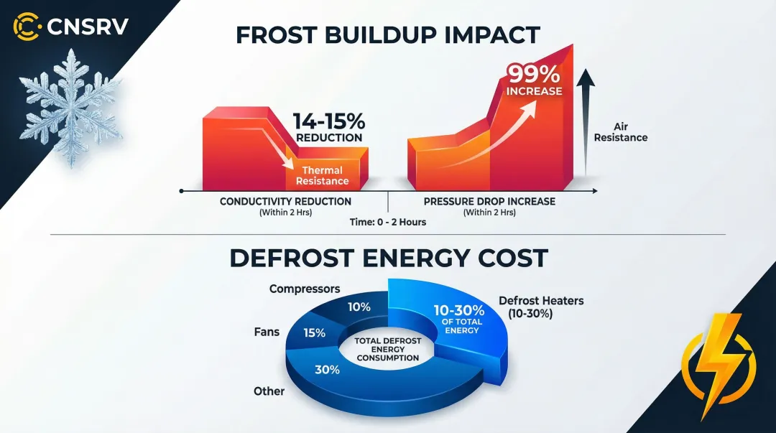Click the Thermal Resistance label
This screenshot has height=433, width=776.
[x=323, y=176]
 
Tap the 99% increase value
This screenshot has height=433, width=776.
[x=534, y=80]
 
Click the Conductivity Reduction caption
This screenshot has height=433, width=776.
[x=285, y=202]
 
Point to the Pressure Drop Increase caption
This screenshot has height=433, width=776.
[x=489, y=202]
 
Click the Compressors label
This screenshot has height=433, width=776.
[x=305, y=289]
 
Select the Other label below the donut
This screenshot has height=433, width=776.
[x=269, y=391]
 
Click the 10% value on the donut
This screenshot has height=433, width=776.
[x=359, y=307]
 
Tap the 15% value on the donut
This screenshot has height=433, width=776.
[x=315, y=332]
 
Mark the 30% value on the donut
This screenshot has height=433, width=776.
[x=328, y=370]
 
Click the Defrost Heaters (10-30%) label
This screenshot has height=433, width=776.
[x=541, y=307]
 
